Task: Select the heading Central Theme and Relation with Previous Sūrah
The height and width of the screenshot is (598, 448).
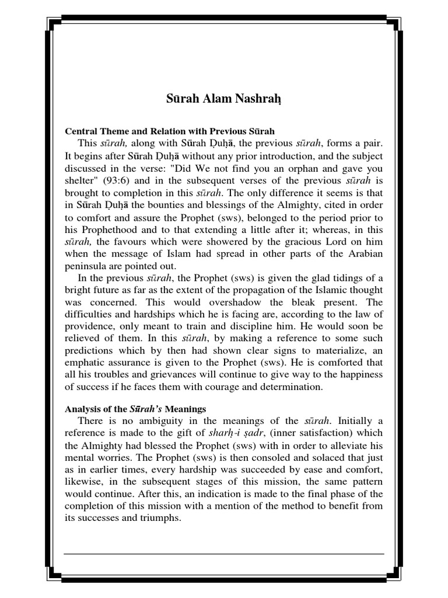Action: [169, 131]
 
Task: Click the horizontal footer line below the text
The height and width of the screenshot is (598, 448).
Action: [224, 553]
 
